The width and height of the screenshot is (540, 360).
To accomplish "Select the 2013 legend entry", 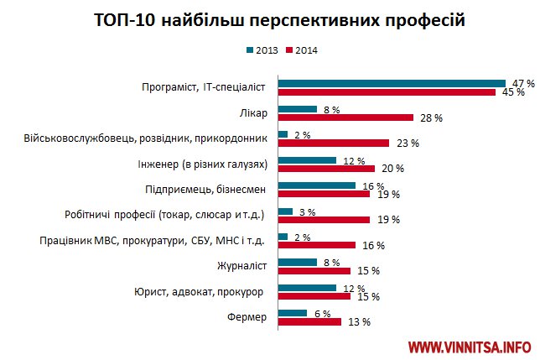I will (261, 50).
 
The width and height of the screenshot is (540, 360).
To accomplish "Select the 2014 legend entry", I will (301, 50).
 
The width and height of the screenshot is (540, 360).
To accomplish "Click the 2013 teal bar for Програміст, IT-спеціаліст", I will (392, 82).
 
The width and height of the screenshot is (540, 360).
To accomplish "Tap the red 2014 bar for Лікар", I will (345, 117).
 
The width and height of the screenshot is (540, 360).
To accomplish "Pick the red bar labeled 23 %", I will (333, 143).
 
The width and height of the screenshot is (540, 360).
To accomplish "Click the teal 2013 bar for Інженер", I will (306, 159).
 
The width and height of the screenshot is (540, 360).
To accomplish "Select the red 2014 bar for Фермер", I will (309, 321).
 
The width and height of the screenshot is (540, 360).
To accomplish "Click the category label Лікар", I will (255, 113).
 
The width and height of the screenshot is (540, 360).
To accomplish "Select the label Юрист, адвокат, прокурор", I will (199, 292).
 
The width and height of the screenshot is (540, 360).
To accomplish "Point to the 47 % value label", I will (523, 82).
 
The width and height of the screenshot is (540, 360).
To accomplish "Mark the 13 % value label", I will (359, 322).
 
